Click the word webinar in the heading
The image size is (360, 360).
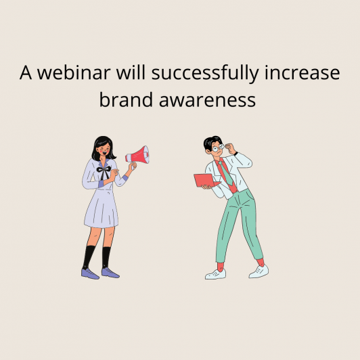74,72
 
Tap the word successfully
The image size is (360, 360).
205,74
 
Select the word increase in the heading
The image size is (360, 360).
302,73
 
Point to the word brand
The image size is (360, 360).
126,99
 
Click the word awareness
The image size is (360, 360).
207,101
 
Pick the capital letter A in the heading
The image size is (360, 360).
26,72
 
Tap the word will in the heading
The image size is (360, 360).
131,72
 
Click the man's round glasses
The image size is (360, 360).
218,148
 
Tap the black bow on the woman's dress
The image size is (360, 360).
104,171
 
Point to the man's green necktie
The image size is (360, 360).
226,173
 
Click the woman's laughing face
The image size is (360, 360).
104,150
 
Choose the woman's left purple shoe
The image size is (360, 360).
90,273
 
